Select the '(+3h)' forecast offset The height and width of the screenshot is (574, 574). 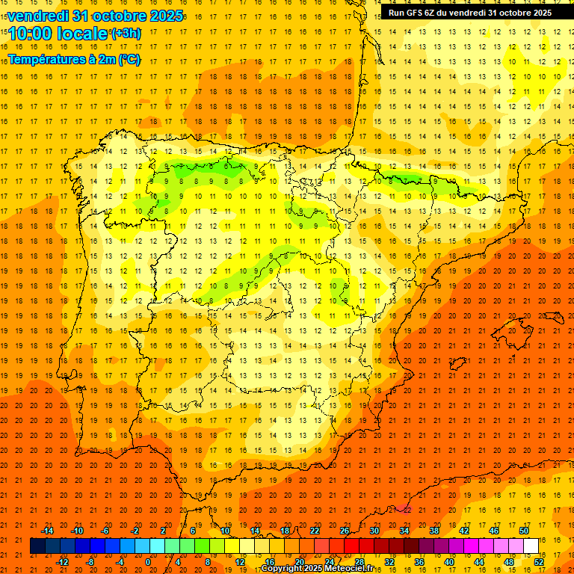coord(125,34)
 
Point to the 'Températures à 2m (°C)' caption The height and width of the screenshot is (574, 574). coord(74,59)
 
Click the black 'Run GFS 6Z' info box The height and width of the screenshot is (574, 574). coord(470,13)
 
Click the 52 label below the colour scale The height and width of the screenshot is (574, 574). coord(539,561)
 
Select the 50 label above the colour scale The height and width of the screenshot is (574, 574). coord(524,531)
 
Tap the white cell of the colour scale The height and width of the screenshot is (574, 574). coord(531,546)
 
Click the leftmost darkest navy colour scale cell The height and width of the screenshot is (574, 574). coord(38,546)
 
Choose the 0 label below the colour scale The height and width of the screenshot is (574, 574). coord(148,561)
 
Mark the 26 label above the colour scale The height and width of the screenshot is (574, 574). coord(345,531)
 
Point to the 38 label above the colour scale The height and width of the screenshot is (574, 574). coord(434,531)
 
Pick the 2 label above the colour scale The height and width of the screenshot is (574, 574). coord(163,531)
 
